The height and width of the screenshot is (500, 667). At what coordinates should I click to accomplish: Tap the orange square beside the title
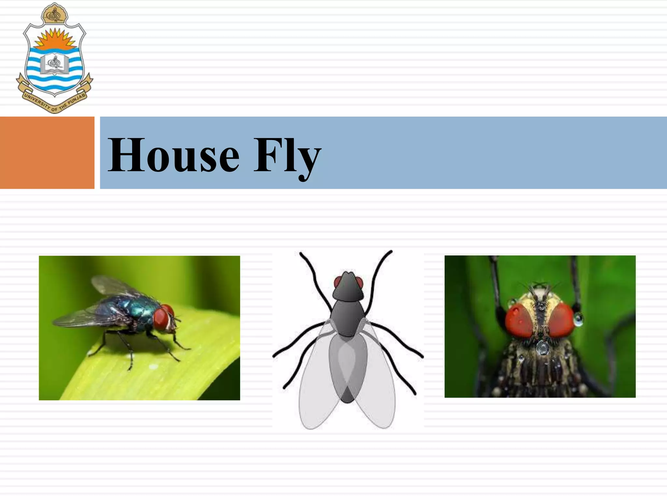pos(47,153)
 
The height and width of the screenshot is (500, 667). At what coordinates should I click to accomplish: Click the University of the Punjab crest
pos(55,59)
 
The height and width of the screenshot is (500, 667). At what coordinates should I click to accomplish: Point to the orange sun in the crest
pos(55,40)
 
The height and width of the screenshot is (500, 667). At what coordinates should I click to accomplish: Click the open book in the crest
pos(55,63)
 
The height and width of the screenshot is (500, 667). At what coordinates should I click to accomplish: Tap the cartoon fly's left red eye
pos(337,282)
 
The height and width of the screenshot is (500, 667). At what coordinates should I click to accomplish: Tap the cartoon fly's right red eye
pos(359,282)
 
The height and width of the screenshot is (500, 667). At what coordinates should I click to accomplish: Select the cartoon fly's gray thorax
pos(348,317)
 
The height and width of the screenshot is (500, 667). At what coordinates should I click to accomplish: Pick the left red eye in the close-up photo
pos(519,321)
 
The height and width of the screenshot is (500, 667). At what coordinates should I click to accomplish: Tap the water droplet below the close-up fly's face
pos(542,348)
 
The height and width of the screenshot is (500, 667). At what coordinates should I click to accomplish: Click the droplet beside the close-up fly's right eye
pos(579,319)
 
